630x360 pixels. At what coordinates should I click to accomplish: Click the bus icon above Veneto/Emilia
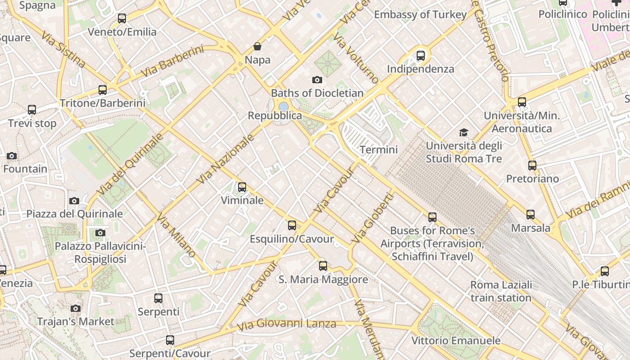click(x=122, y=18)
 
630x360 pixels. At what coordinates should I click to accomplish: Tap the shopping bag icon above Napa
click(x=257, y=46)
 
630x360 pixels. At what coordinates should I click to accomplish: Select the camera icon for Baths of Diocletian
click(x=317, y=80)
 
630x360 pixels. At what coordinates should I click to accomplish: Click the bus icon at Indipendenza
click(x=421, y=56)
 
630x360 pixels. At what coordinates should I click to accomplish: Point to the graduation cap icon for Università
click(x=463, y=132)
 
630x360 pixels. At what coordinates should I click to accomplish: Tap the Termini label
click(x=379, y=149)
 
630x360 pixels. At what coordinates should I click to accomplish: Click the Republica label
click(x=275, y=116)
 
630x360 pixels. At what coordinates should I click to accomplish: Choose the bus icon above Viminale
click(x=242, y=187)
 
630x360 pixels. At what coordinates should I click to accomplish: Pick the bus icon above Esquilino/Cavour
click(x=292, y=225)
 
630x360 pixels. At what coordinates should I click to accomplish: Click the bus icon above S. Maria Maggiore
click(x=323, y=266)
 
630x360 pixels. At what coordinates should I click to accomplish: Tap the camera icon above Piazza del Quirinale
click(x=74, y=201)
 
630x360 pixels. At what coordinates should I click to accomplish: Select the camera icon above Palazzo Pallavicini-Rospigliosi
click(x=100, y=233)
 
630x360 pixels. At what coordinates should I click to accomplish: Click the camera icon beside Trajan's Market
click(x=76, y=308)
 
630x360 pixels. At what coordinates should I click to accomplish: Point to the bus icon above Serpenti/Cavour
click(x=170, y=340)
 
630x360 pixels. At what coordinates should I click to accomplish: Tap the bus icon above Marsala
click(x=531, y=215)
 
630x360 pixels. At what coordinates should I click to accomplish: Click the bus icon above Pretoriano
click(x=532, y=166)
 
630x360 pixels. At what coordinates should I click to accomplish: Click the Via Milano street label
click(x=176, y=235)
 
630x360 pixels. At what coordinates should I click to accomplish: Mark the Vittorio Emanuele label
click(x=456, y=340)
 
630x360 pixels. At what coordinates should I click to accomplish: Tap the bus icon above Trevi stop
click(x=32, y=110)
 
